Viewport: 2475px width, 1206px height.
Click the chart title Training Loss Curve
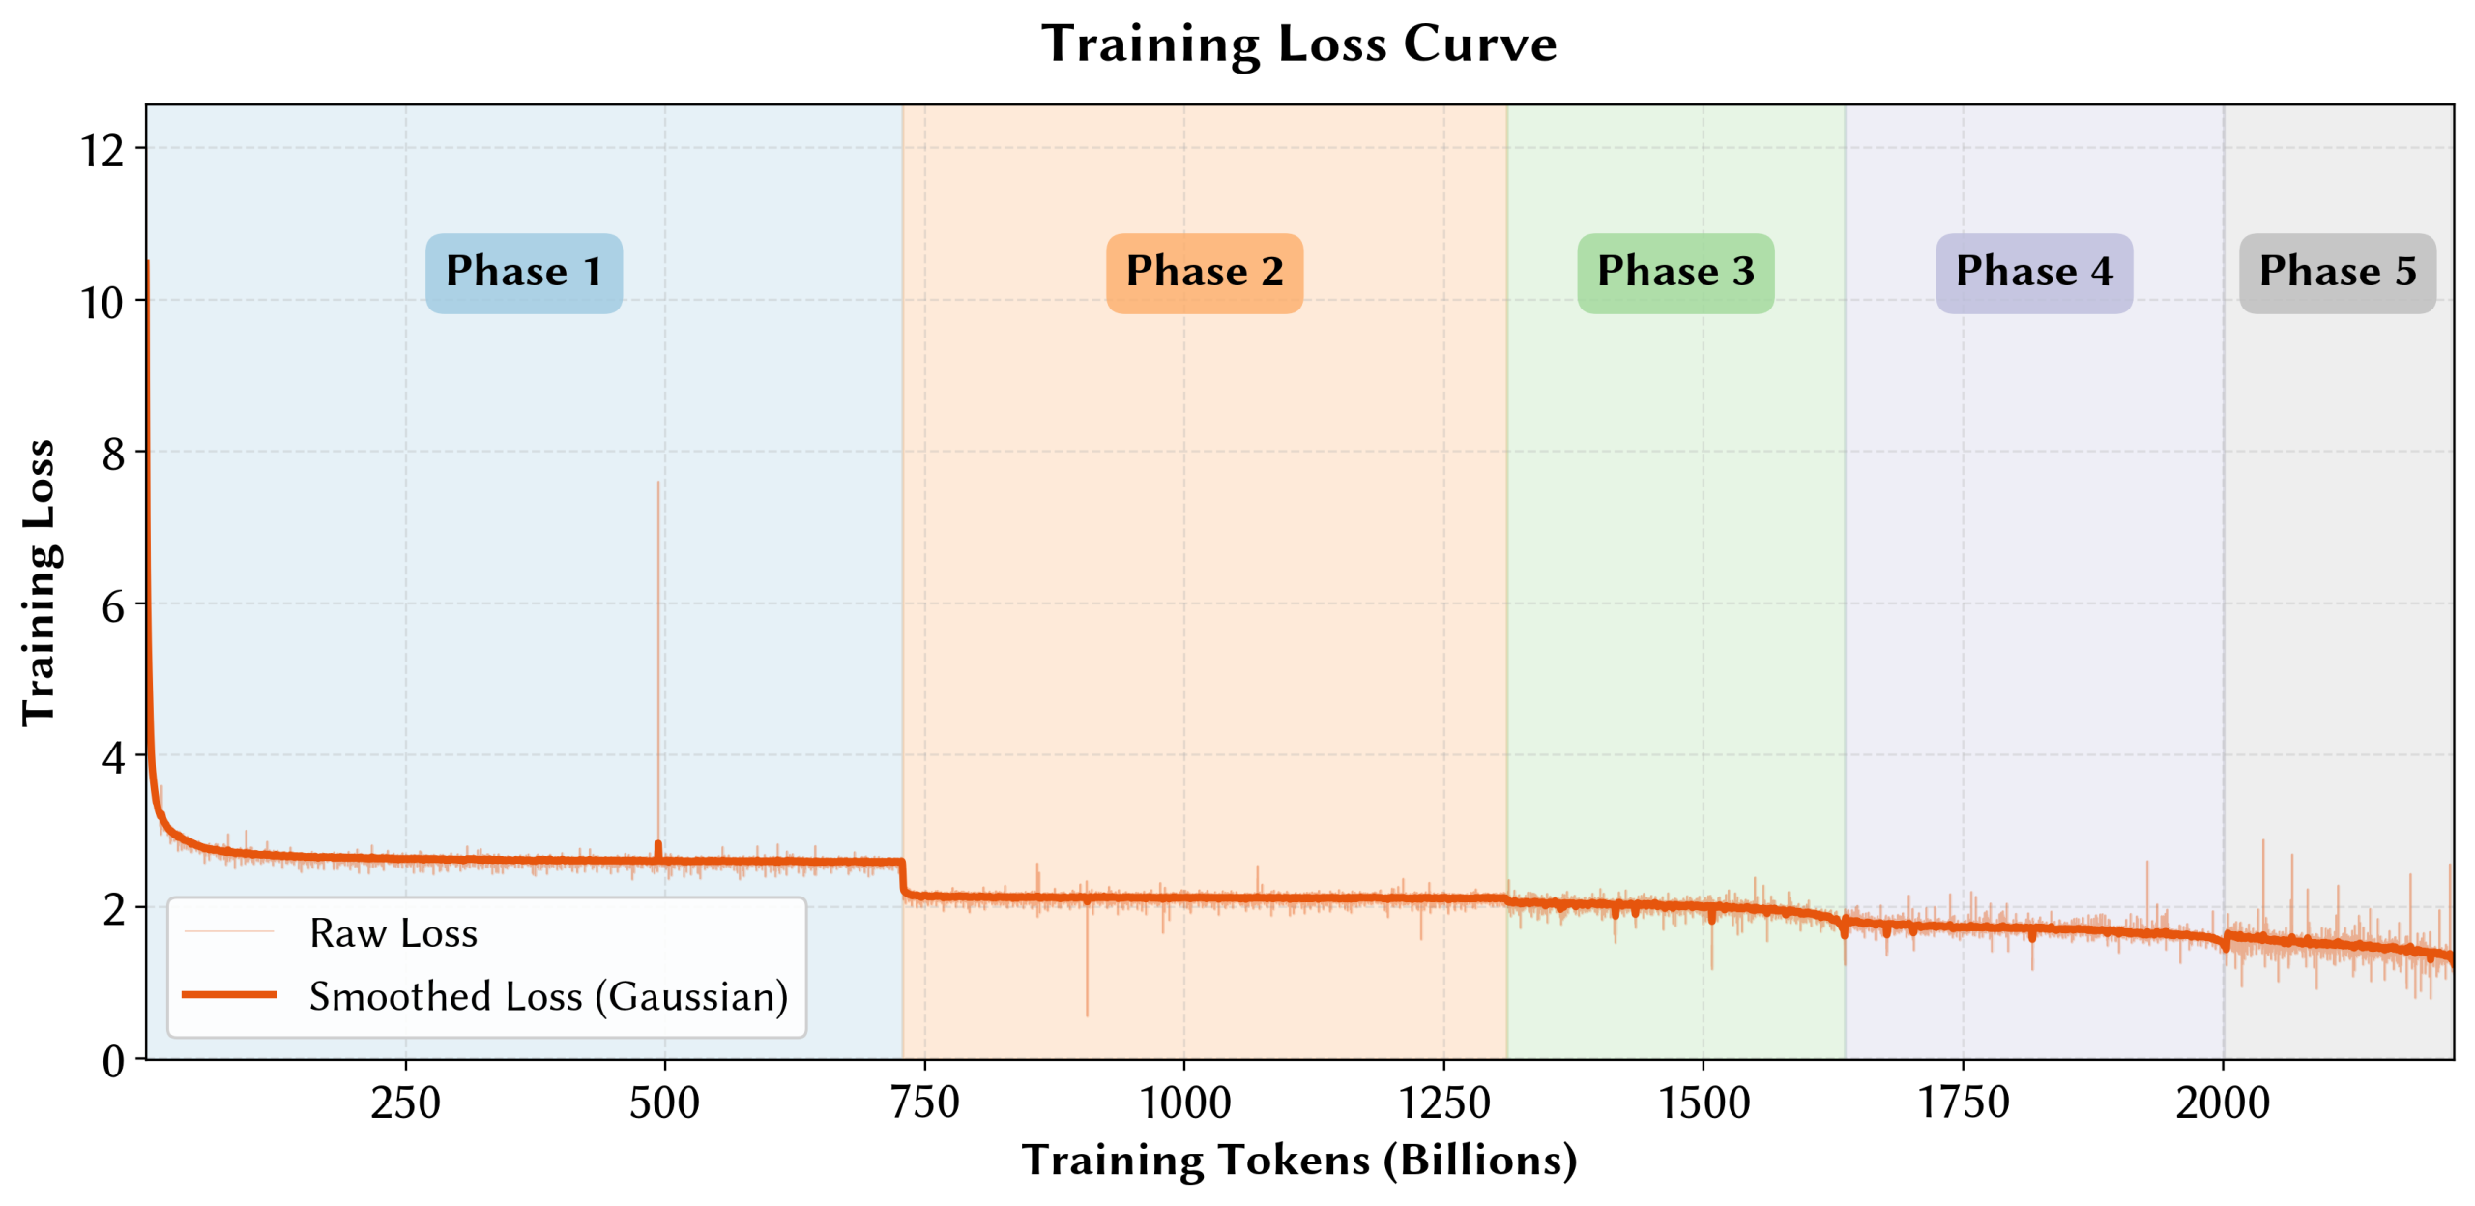click(x=1298, y=44)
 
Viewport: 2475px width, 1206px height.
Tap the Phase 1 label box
click(x=524, y=272)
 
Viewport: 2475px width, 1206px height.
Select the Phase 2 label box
click(x=1204, y=272)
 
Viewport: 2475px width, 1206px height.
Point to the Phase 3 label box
click(x=1674, y=272)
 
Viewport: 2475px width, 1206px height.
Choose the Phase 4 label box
click(x=2033, y=272)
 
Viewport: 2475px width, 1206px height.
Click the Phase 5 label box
click(x=2337, y=272)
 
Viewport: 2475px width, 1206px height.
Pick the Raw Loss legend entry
click(x=393, y=932)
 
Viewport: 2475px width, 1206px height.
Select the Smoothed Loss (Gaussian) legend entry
click(x=547, y=996)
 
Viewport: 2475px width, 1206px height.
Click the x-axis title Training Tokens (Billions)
click(x=1298, y=1160)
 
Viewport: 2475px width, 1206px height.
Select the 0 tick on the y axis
click(x=113, y=1060)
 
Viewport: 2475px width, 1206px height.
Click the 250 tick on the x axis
click(x=405, y=1103)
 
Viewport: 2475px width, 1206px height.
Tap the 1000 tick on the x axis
click(x=1184, y=1103)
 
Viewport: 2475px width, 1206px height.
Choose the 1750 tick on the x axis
click(x=1963, y=1103)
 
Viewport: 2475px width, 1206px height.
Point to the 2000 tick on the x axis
click(x=2222, y=1103)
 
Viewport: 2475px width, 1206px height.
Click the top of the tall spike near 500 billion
click(x=658, y=483)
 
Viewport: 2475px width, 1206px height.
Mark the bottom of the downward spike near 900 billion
click(x=1087, y=1015)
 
